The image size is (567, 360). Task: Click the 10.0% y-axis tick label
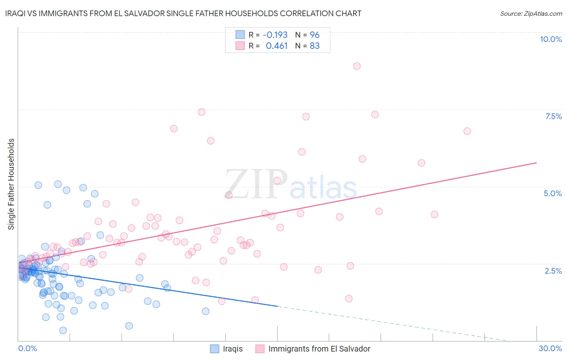(550, 39)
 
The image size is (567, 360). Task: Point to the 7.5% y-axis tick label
(553, 116)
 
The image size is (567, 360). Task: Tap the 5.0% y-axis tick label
(552, 193)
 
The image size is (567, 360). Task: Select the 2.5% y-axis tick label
(553, 271)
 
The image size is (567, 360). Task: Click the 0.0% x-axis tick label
(27, 348)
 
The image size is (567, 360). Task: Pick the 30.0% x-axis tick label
(550, 348)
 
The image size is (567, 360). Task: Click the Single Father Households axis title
(11, 184)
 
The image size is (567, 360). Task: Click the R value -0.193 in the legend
(275, 35)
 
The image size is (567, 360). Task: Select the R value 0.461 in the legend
(277, 46)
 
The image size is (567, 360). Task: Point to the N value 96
(315, 35)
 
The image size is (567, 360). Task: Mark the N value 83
(315, 46)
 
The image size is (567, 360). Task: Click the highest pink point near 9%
(356, 66)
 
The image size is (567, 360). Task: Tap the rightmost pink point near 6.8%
(467, 131)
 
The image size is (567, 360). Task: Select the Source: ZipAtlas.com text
(531, 13)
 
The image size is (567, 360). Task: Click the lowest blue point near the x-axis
(63, 331)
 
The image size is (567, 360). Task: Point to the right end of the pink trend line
(536, 163)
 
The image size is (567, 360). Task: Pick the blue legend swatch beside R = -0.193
(240, 35)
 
